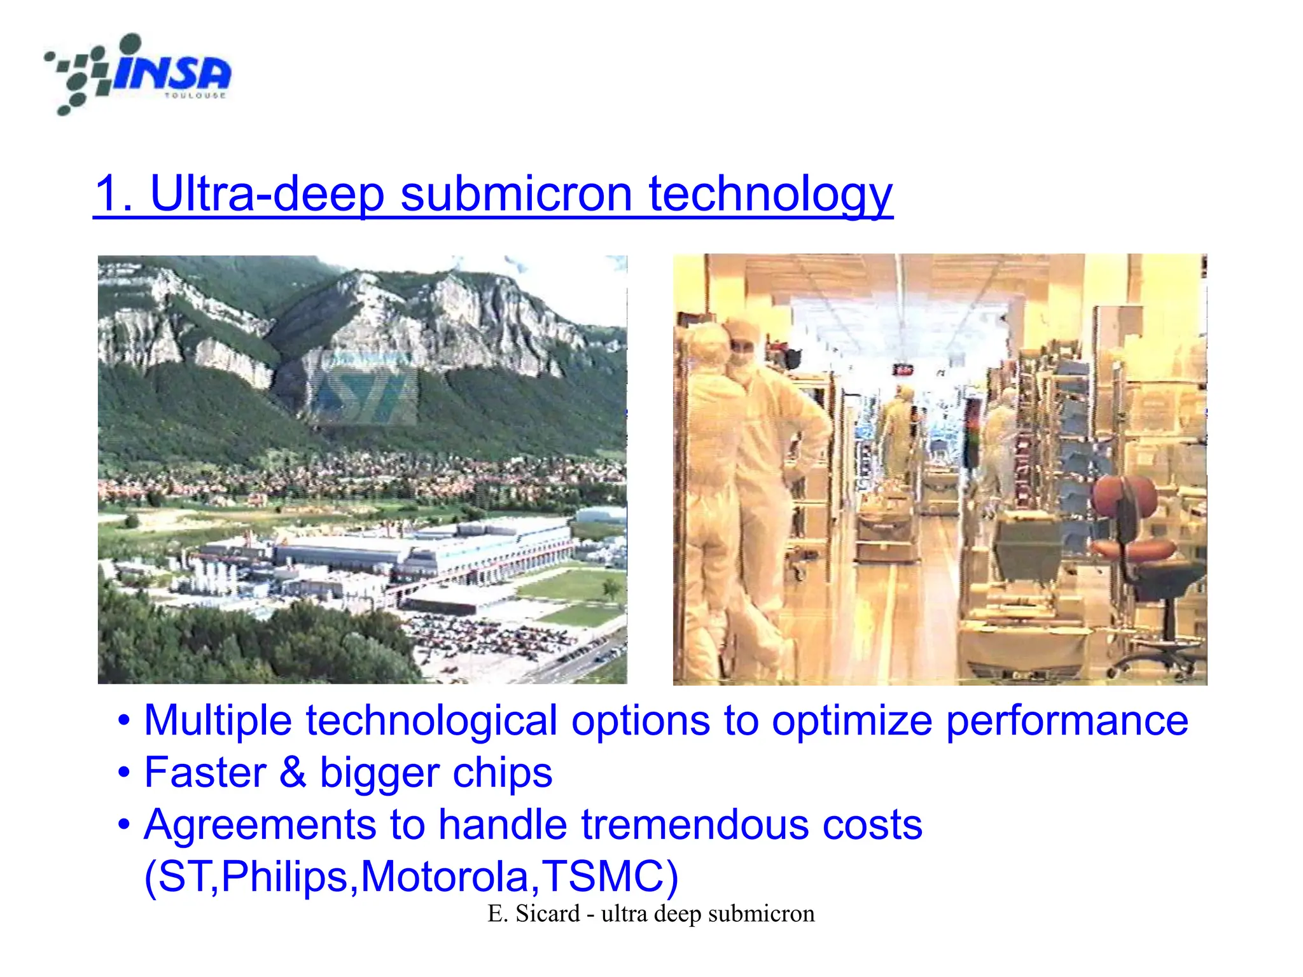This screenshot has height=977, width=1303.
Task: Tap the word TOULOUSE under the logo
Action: [195, 96]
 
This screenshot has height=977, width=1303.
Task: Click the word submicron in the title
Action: [516, 193]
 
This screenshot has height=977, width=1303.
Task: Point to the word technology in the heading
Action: [770, 195]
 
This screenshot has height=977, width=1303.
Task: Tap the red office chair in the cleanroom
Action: [1132, 522]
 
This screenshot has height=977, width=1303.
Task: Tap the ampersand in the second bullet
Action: [293, 773]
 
